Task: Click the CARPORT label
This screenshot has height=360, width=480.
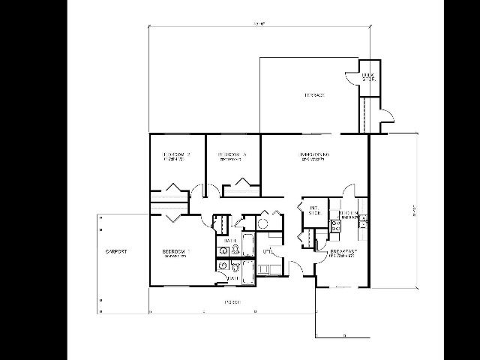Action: (x=115, y=251)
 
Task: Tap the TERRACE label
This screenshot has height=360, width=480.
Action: (x=313, y=95)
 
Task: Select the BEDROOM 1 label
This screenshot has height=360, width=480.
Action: (x=176, y=251)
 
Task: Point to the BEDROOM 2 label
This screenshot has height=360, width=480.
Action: (x=177, y=155)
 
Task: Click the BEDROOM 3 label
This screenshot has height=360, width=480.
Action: (x=232, y=155)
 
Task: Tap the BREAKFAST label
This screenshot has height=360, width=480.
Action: (x=342, y=251)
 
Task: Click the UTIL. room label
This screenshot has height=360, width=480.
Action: (x=267, y=252)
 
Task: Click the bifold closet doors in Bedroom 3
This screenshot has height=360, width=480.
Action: (x=241, y=182)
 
